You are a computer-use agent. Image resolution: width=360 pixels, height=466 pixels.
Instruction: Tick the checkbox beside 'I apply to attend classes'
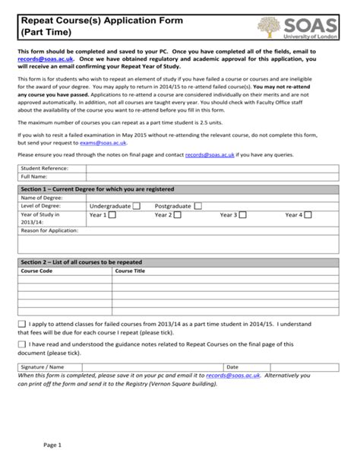[21, 323]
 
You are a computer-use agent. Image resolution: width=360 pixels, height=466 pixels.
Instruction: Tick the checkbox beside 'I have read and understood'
[21, 344]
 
